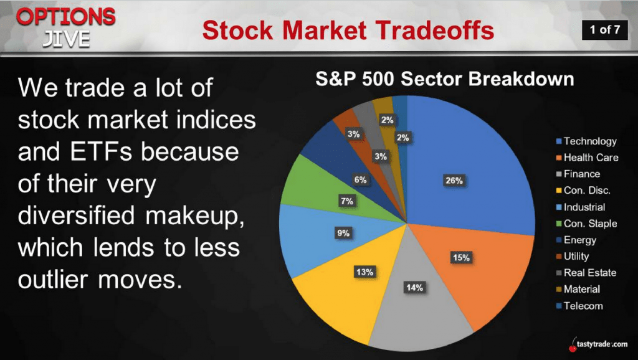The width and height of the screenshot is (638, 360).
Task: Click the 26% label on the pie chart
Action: pyautogui.click(x=454, y=180)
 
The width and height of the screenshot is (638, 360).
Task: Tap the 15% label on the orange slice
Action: pyautogui.click(x=461, y=257)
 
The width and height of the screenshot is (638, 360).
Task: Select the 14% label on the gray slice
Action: pyautogui.click(x=414, y=288)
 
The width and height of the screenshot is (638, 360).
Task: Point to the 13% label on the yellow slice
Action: pyautogui.click(x=364, y=272)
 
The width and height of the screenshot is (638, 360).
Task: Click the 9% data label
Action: pyautogui.click(x=343, y=233)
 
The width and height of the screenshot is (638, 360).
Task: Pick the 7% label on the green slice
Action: pyautogui.click(x=346, y=201)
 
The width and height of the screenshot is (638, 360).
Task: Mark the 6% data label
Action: pyautogui.click(x=360, y=180)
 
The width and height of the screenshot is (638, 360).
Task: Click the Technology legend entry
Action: pyautogui.click(x=586, y=141)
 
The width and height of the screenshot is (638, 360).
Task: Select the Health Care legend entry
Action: pyautogui.click(x=587, y=158)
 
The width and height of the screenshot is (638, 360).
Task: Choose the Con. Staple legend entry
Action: pyautogui.click(x=586, y=224)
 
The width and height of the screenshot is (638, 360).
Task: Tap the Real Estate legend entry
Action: pyautogui.click(x=586, y=273)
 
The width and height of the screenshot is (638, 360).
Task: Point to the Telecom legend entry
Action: pyautogui.click(x=579, y=306)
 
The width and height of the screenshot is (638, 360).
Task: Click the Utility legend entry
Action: pyautogui.click(x=573, y=256)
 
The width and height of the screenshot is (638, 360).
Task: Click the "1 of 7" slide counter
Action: pyautogui.click(x=604, y=29)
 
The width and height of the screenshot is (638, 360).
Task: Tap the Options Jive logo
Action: pyautogui.click(x=66, y=27)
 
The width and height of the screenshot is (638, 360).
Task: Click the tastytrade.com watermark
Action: pyautogui.click(x=598, y=345)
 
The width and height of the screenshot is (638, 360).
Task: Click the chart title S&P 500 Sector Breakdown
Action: pyautogui.click(x=445, y=79)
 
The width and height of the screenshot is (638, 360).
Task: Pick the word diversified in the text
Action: pyautogui.click(x=76, y=215)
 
